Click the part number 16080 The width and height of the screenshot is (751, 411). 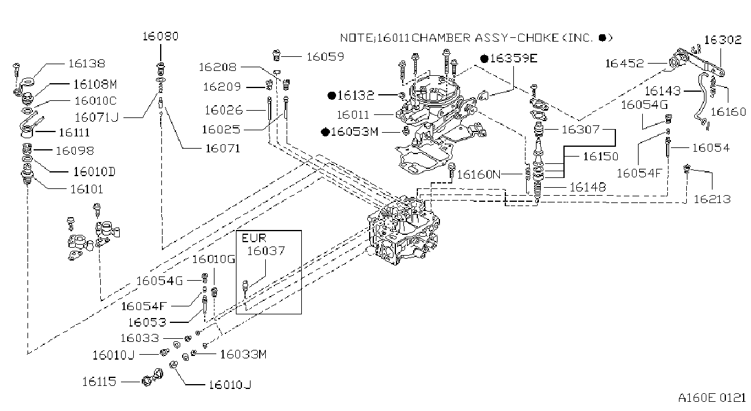tap(161, 36)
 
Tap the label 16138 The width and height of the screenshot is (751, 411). tap(87, 64)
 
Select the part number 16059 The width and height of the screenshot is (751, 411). tap(326, 57)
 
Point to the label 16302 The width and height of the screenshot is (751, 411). tap(722, 40)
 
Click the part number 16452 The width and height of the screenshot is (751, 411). tap(625, 64)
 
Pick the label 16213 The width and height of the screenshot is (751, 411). tap(712, 199)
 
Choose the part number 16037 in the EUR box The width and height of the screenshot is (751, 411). tap(266, 251)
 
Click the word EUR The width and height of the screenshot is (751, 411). tap(254, 238)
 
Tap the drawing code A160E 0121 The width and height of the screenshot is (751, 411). tap(712, 398)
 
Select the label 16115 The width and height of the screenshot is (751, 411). tap(99, 382)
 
